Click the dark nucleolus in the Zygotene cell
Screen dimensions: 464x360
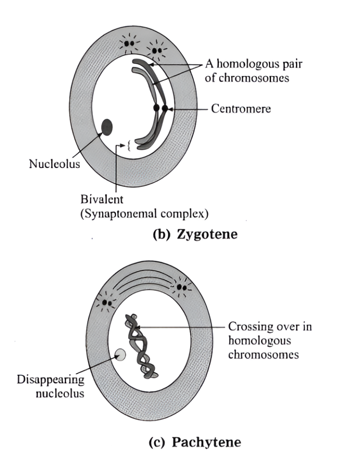107,127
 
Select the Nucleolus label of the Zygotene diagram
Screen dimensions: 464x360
54,164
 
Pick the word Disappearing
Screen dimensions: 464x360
51,379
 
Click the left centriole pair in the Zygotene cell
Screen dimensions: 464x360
129,43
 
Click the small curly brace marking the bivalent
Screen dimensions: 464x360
129,145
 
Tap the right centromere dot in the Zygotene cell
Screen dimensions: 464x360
165,108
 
